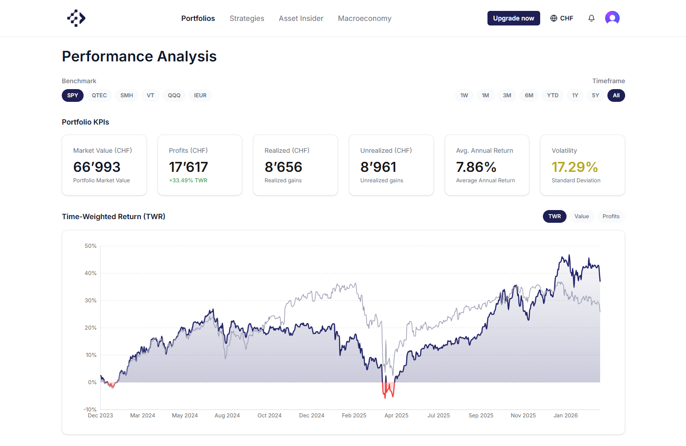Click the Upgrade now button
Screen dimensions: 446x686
coord(513,18)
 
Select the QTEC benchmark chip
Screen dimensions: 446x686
coord(99,95)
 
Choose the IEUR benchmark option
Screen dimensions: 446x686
coord(200,95)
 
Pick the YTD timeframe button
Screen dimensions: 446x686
coord(552,95)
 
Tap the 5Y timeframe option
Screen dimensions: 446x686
coord(595,95)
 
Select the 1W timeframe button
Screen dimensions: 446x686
coord(464,95)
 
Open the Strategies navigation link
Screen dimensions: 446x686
coord(247,18)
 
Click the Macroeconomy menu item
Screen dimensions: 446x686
coord(364,18)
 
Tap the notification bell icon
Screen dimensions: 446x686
coord(591,18)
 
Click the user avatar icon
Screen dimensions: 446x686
coord(612,18)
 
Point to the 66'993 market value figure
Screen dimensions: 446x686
coord(97,167)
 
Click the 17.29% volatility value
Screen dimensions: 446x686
coord(575,167)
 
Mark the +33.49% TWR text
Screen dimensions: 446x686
coord(188,180)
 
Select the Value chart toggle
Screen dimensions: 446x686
coord(582,216)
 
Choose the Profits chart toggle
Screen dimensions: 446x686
coord(611,216)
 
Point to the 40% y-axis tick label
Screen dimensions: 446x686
coord(90,273)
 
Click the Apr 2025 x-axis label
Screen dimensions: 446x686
coord(396,416)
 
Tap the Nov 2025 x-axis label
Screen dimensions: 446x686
coord(523,416)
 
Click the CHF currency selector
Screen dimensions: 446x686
coord(562,18)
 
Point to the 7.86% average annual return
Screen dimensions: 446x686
coord(476,167)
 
